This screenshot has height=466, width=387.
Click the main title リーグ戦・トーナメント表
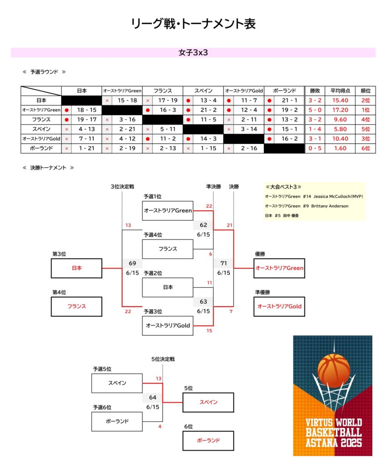[x=193, y=24]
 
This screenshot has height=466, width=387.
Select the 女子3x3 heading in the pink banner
[x=193, y=53]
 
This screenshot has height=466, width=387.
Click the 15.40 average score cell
[x=340, y=101]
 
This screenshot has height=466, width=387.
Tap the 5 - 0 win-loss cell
[x=315, y=110]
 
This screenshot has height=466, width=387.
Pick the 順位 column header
[x=366, y=91]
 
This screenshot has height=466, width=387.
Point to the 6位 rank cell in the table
[x=366, y=148]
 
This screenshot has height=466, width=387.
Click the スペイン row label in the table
[x=41, y=129]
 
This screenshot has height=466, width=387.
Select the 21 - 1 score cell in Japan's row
[x=289, y=101]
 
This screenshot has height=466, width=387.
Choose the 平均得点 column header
[x=340, y=91]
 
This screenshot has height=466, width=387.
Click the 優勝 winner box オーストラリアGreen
[x=279, y=268]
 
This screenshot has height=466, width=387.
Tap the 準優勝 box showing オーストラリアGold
[x=279, y=306]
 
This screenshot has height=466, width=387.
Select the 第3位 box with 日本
[x=77, y=268]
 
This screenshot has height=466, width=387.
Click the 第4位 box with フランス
[x=77, y=306]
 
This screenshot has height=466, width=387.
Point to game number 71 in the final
[x=223, y=263]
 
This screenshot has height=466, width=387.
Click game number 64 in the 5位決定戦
[x=153, y=397]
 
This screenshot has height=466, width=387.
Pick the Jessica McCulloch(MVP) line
[x=314, y=197]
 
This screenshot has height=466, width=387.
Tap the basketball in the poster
[x=334, y=368]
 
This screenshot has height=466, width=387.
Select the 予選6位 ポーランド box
[x=117, y=421]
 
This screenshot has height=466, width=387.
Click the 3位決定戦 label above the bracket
[x=122, y=187]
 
